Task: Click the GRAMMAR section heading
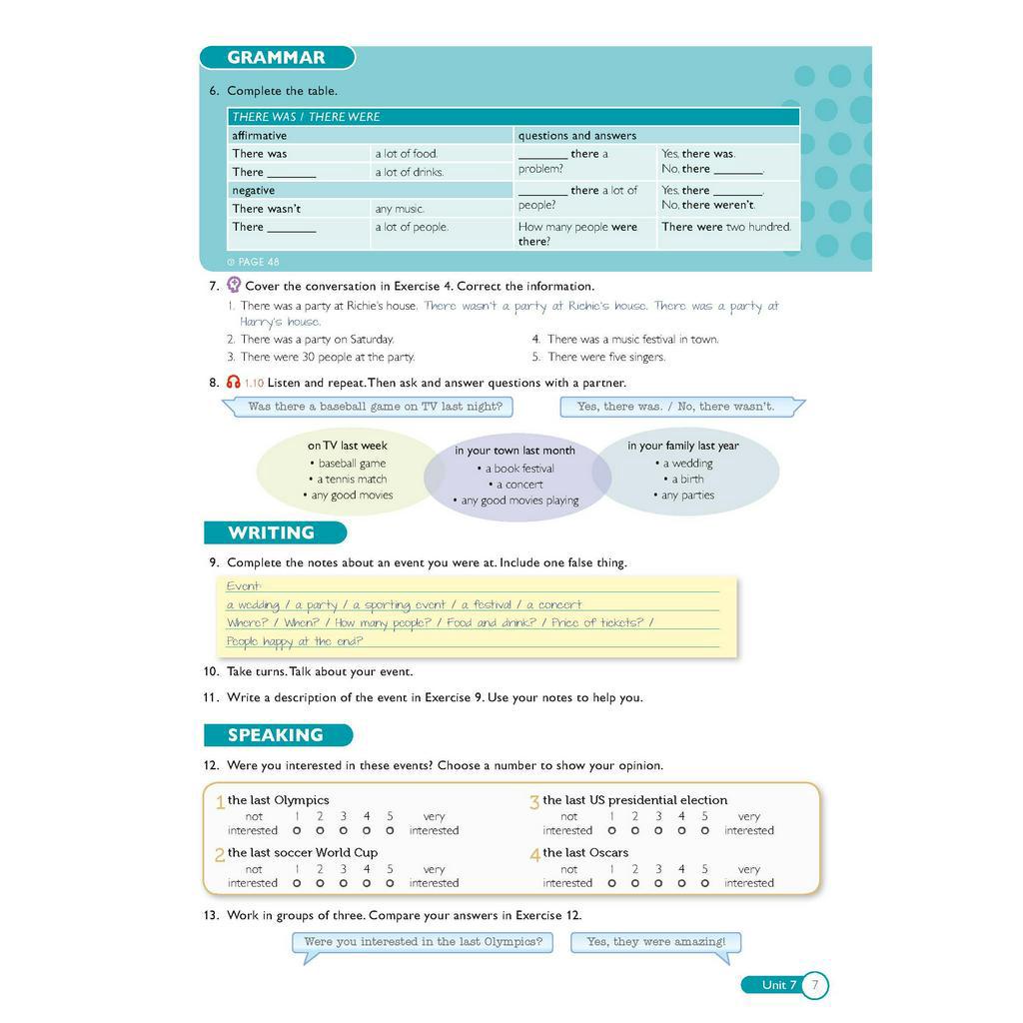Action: click(276, 58)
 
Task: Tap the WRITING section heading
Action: click(271, 532)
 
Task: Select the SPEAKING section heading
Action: click(276, 735)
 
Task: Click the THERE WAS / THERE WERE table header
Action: click(307, 117)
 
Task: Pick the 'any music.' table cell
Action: click(400, 209)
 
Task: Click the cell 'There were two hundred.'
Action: click(726, 227)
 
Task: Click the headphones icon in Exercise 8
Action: click(234, 383)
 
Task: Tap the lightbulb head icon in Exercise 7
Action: click(234, 285)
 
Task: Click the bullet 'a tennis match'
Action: click(351, 480)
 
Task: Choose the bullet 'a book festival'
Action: click(518, 469)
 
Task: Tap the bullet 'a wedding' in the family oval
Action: click(687, 464)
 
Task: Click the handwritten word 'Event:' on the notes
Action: click(244, 586)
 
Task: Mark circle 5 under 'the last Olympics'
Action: click(390, 830)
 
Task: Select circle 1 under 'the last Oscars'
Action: click(610, 883)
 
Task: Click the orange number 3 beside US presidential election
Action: click(534, 802)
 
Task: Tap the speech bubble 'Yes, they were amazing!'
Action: click(656, 942)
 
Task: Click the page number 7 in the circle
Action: click(814, 985)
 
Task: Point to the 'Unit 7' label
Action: click(779, 985)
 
